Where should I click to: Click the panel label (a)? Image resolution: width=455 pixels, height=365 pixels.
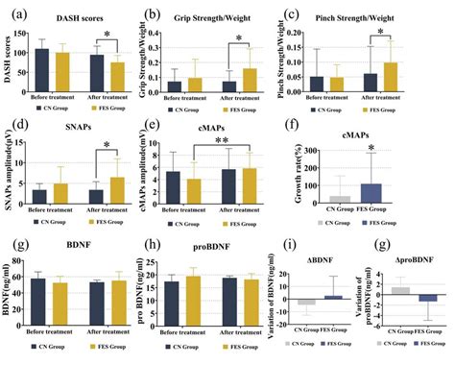13,12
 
